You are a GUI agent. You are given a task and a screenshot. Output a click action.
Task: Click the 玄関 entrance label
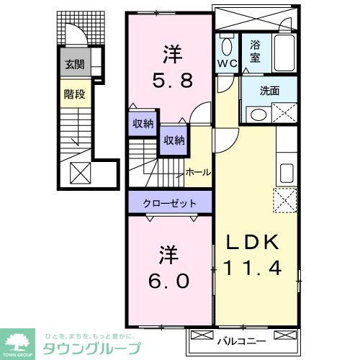point(74,65)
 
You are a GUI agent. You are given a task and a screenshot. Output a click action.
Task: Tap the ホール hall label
point(198,172)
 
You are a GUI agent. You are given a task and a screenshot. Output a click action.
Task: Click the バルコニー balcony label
point(241,339)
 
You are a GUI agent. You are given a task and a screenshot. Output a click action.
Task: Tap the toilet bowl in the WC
point(225,48)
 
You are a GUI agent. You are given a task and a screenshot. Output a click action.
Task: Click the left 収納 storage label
point(142,123)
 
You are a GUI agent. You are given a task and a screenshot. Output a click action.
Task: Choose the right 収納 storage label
point(173,140)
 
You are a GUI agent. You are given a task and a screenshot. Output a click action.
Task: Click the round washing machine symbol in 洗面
point(256,115)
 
